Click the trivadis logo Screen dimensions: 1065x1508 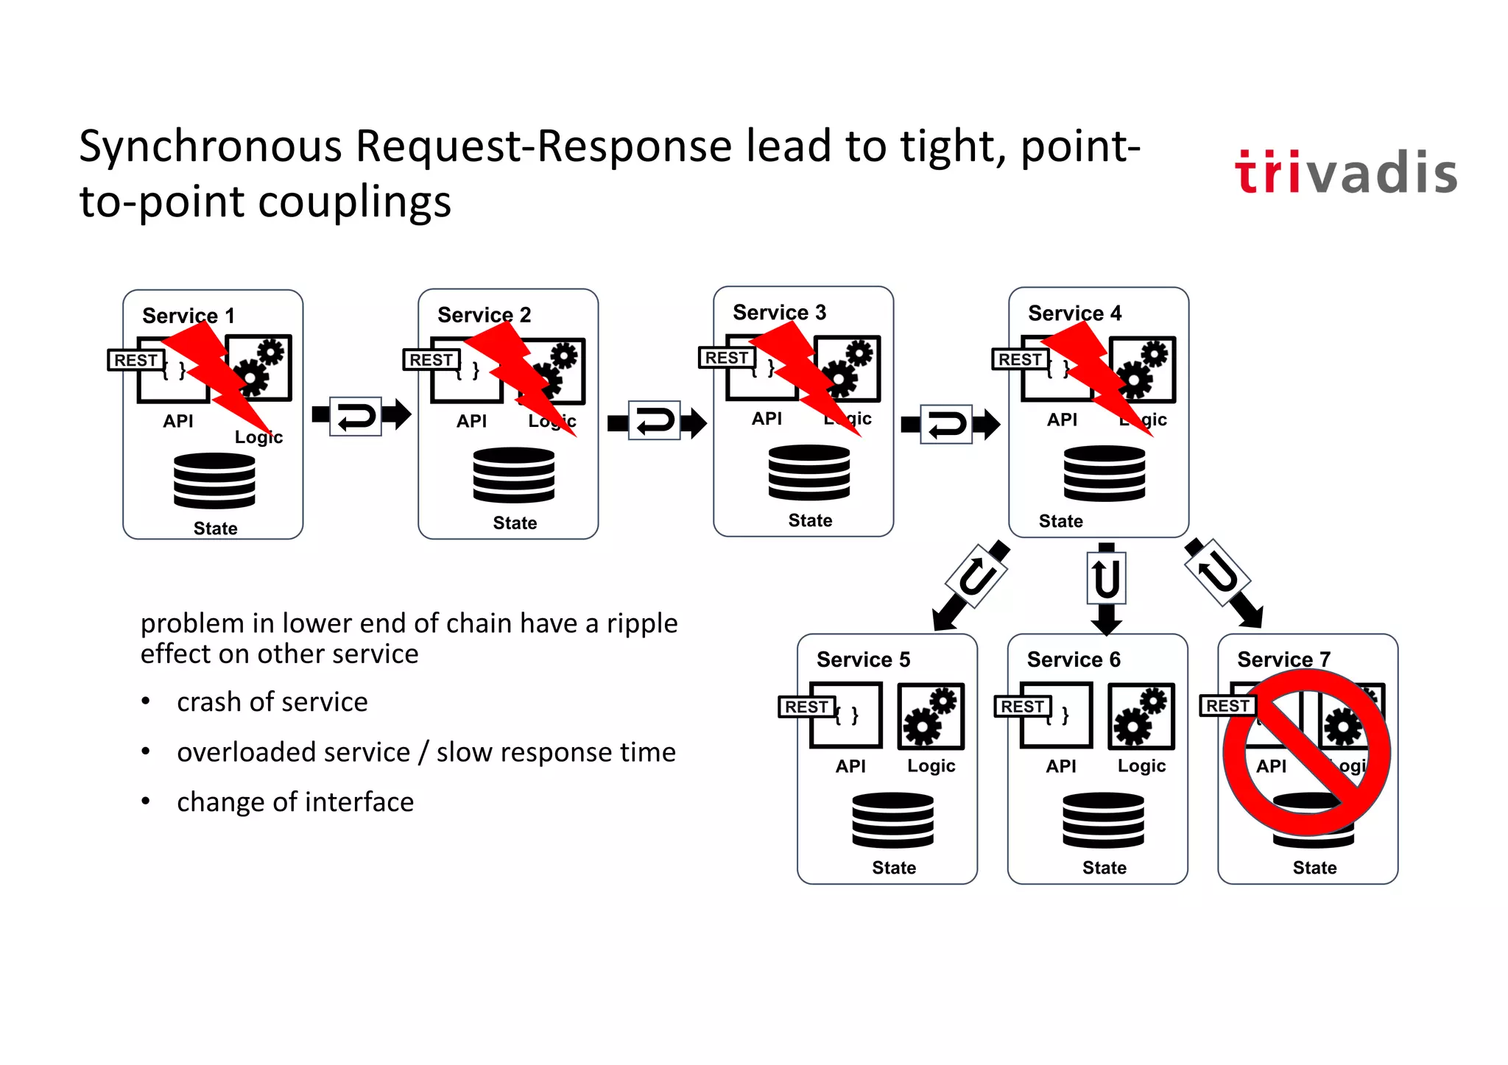point(1345,173)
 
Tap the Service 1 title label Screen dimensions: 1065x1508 point(188,316)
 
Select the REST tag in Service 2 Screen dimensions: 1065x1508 point(431,360)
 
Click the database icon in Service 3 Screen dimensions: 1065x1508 point(808,473)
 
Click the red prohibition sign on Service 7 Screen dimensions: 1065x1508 point(1306,753)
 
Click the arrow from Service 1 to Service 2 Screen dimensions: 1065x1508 point(361,417)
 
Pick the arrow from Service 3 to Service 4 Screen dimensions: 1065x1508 point(950,424)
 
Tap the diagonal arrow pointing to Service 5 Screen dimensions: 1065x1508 point(970,586)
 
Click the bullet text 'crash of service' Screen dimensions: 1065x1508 point(272,702)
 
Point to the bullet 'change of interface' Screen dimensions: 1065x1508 point(295,802)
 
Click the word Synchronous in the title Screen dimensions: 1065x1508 point(211,146)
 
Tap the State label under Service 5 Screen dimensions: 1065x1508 point(893,868)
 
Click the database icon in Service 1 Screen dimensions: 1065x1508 point(214,481)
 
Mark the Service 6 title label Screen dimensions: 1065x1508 point(1073,659)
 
